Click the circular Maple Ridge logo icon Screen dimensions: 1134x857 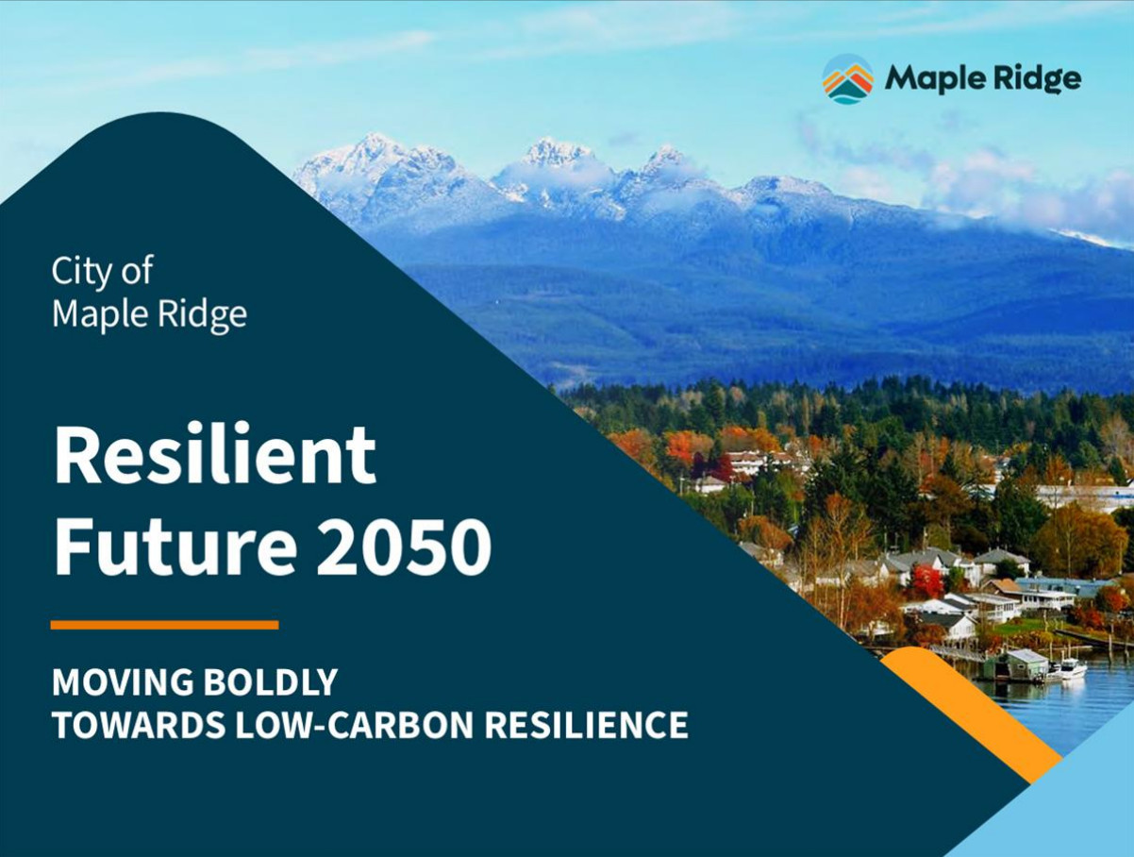point(848,79)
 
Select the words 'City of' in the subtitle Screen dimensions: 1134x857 point(102,270)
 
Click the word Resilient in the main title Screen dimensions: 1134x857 point(215,454)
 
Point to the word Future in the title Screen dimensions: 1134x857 point(175,546)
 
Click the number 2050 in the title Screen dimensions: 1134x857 point(404,546)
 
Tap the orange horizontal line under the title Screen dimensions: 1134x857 point(165,625)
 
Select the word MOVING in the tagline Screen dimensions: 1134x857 point(123,682)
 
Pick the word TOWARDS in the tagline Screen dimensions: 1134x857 point(139,725)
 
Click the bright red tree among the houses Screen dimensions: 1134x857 point(927,580)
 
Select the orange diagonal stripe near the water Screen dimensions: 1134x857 point(972,714)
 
